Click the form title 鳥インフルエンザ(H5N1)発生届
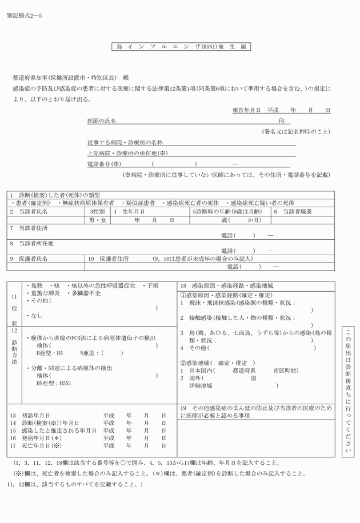181,47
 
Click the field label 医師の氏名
101,122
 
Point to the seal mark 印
281,122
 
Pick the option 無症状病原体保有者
87,203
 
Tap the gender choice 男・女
98,219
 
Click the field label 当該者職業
297,211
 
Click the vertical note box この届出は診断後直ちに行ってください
350,392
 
